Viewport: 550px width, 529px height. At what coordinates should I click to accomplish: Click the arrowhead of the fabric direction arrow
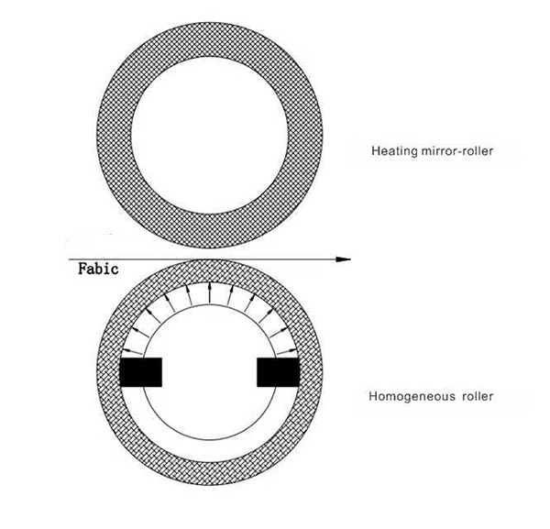click(344, 259)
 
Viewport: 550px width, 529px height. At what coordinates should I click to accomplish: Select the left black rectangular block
click(141, 372)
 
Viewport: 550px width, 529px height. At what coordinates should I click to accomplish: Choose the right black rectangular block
click(279, 372)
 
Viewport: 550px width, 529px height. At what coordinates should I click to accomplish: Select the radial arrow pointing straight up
click(210, 292)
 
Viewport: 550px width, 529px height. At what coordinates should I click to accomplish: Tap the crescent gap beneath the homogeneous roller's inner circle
click(210, 450)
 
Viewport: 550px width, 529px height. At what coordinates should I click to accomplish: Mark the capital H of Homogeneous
click(372, 398)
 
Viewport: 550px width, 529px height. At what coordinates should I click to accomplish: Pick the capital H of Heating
click(375, 150)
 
